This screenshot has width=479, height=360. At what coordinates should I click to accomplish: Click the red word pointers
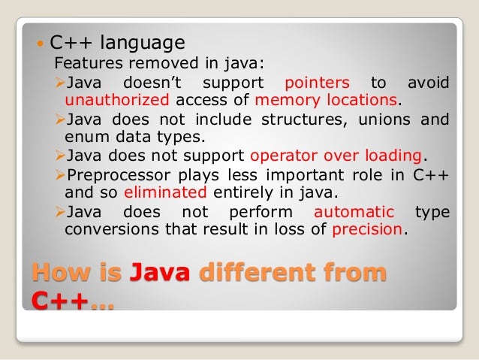pos(317,82)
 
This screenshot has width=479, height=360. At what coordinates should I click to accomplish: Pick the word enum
pos(82,138)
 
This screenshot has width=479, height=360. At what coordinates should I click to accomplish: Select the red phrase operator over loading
pos(336,156)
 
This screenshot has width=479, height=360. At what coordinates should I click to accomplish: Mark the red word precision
pos(367,230)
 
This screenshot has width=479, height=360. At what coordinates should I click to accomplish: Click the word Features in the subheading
pos(84,63)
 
